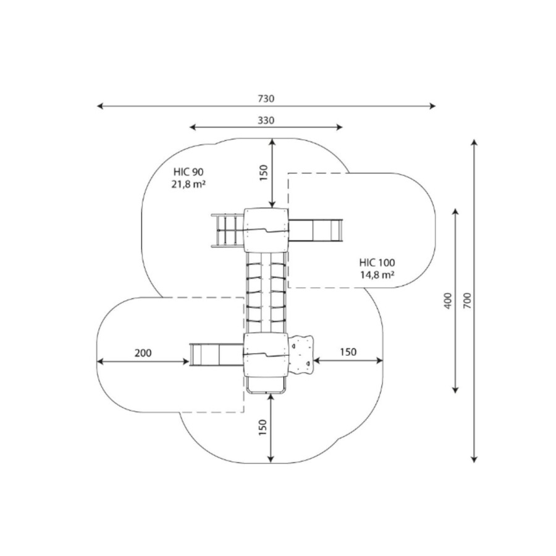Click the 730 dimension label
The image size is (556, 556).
(266, 98)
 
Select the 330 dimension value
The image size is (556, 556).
(266, 120)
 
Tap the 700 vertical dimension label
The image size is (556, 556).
(468, 300)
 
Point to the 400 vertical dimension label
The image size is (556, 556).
(449, 301)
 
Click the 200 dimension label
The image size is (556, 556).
(143, 353)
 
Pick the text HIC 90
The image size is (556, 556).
(188, 172)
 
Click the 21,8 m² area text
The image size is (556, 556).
(188, 184)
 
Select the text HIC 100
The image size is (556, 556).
(377, 263)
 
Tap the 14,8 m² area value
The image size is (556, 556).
(377, 275)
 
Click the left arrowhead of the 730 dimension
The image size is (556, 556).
(100, 106)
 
